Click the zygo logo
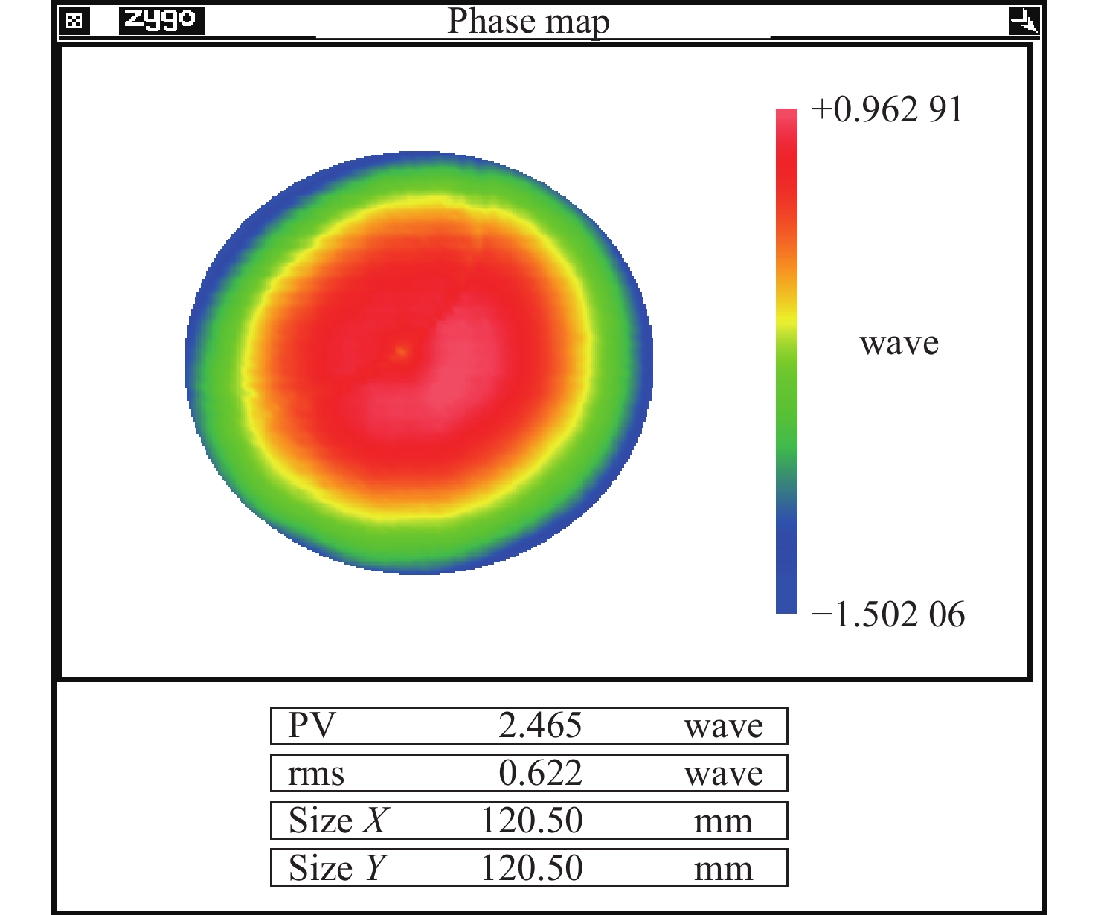click(161, 20)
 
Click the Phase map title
click(528, 21)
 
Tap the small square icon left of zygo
click(74, 21)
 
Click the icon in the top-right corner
click(1024, 21)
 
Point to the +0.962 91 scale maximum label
click(887, 109)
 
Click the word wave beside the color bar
click(899, 343)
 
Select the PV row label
click(312, 725)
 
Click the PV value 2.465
click(540, 725)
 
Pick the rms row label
click(316, 774)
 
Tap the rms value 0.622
click(540, 774)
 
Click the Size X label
click(338, 821)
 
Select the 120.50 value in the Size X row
click(532, 821)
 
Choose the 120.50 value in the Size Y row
click(532, 868)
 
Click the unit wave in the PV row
click(724, 726)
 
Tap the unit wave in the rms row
click(724, 774)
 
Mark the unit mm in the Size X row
click(723, 822)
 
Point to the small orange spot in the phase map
click(402, 351)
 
